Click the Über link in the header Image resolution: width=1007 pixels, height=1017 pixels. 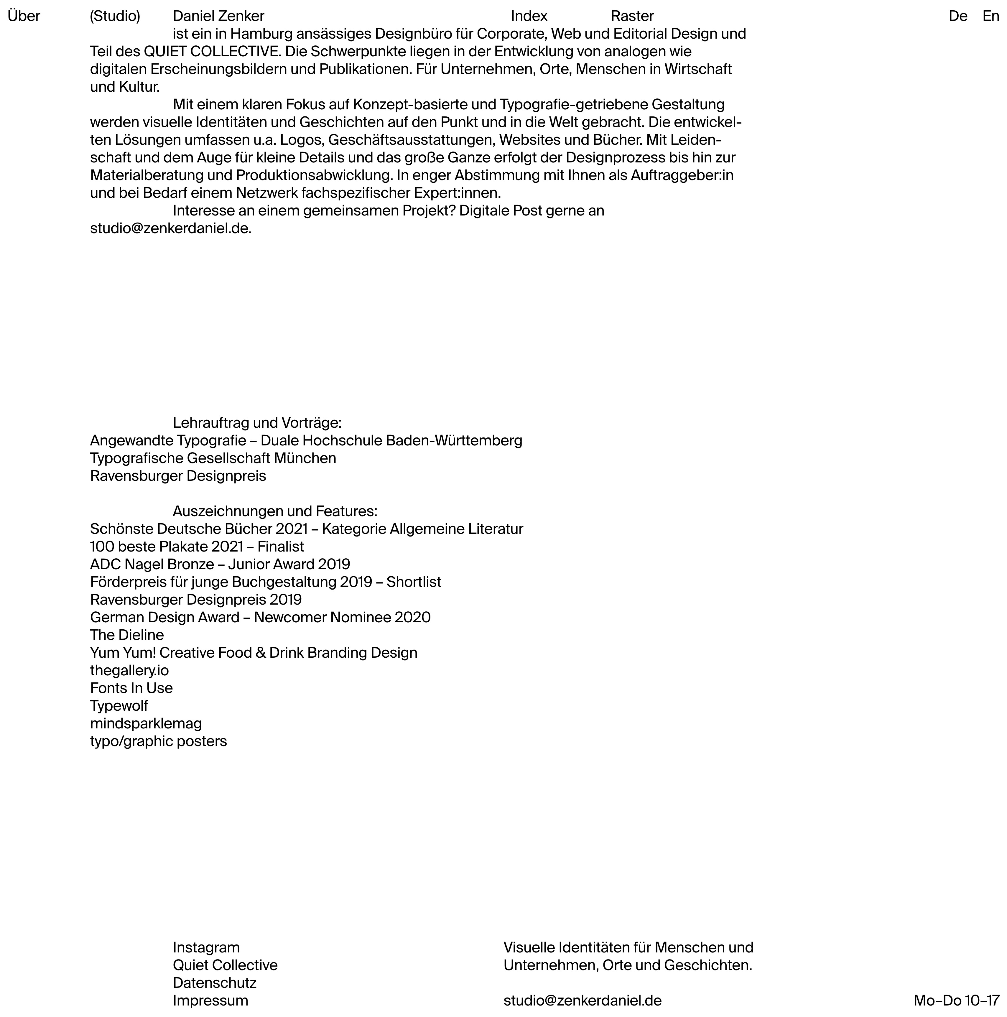point(24,16)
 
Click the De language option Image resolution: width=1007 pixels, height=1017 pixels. point(957,16)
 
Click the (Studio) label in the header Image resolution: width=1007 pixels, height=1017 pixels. point(115,16)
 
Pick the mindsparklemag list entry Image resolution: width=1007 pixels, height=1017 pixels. point(146,723)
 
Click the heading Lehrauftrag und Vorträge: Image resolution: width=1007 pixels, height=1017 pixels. point(257,423)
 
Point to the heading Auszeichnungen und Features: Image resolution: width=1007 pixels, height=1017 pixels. point(275,511)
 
